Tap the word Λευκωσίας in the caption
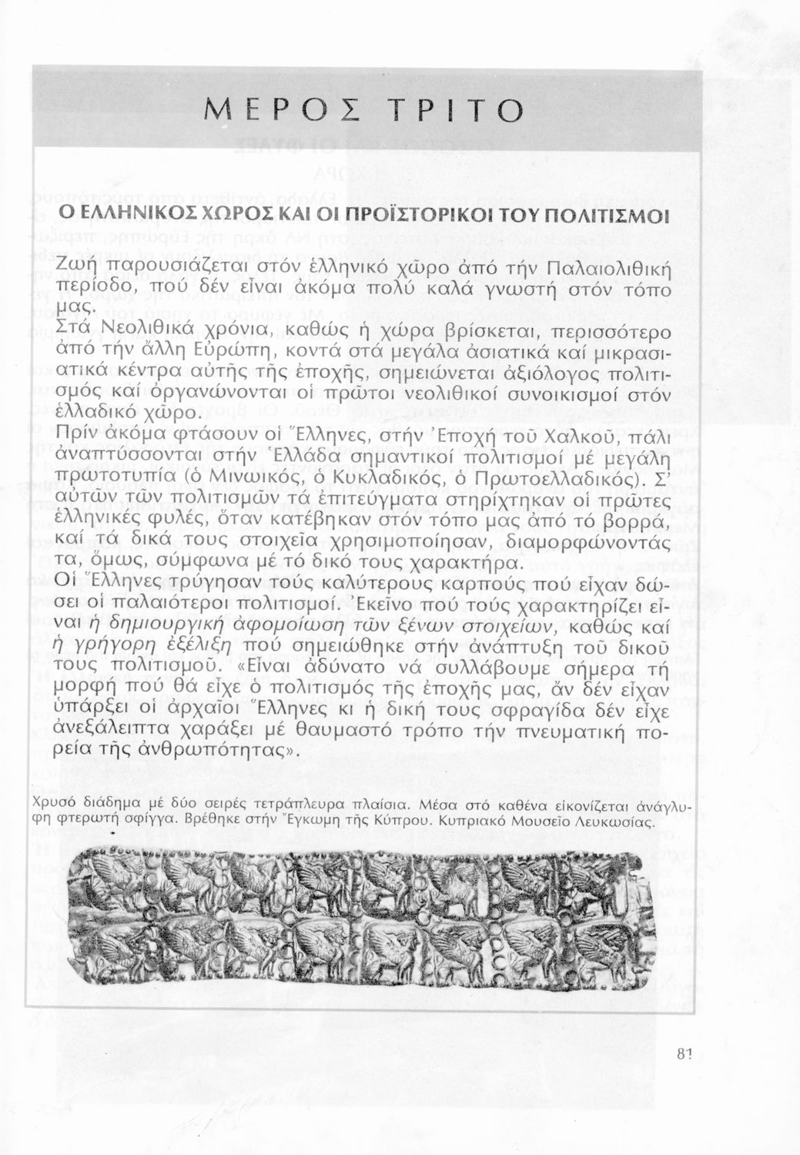[618, 821]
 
